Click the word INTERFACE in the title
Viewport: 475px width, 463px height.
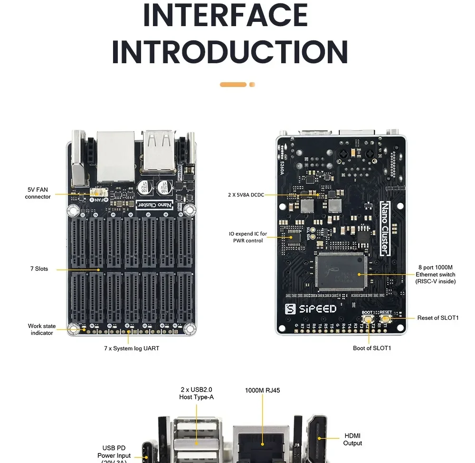[x=225, y=15]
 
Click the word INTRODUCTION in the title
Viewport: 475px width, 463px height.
[x=230, y=52]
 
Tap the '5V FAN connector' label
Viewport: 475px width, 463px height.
[x=38, y=193]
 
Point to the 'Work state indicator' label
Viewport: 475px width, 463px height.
[x=42, y=329]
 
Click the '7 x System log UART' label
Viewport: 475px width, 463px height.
[x=132, y=348]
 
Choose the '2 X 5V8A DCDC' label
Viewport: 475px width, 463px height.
[x=246, y=194]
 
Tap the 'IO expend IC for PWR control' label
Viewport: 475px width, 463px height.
[x=248, y=237]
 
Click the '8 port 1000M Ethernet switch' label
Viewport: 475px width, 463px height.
[x=436, y=274]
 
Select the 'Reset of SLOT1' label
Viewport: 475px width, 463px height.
[x=438, y=318]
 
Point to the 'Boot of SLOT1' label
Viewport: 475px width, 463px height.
[x=372, y=348]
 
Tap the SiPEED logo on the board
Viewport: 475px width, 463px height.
[x=311, y=309]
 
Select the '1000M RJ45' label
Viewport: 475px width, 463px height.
[x=262, y=391]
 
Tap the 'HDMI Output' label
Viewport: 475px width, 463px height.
[x=352, y=439]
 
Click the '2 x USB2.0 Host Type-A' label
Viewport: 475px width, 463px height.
[x=196, y=393]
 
